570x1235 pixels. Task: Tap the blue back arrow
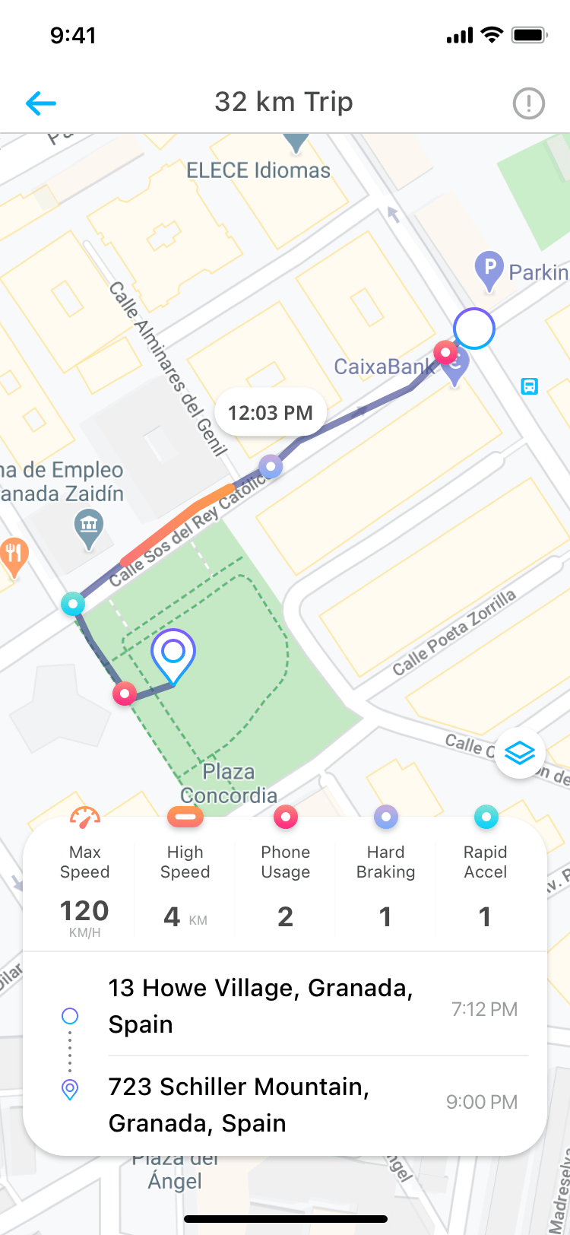click(x=41, y=103)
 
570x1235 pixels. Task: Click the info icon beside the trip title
click(x=528, y=103)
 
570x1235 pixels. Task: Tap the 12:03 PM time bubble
click(x=271, y=413)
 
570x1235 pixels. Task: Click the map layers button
click(x=520, y=754)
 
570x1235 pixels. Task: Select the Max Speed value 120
click(x=84, y=910)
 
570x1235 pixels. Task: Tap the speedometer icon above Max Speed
click(x=84, y=818)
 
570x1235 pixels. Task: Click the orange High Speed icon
click(x=185, y=818)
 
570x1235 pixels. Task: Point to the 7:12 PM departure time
click(x=484, y=1009)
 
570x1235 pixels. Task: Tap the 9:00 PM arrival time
click(x=482, y=1102)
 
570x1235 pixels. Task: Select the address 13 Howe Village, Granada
click(x=261, y=1005)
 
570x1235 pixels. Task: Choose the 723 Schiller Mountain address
click(x=239, y=1104)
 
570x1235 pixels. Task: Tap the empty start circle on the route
click(x=474, y=329)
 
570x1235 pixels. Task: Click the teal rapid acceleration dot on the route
click(x=73, y=605)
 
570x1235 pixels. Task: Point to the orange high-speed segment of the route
click(x=179, y=522)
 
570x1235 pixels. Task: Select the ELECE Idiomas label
click(x=258, y=170)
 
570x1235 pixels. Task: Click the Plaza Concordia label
click(x=229, y=783)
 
